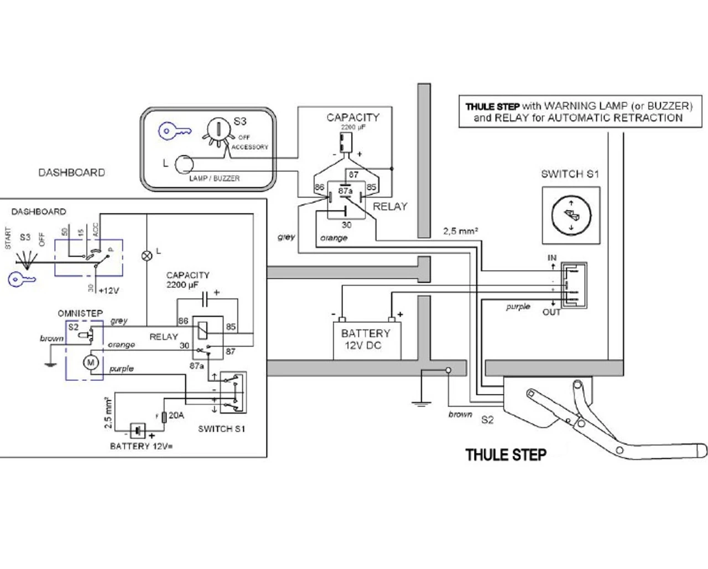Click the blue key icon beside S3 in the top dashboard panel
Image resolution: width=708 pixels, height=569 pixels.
tap(175, 131)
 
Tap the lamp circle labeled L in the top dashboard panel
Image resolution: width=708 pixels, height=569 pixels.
tap(184, 164)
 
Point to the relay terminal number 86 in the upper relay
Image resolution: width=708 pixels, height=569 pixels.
tap(319, 188)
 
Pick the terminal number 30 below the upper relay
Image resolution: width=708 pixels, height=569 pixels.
tap(346, 225)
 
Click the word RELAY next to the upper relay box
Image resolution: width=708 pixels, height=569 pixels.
tap(390, 206)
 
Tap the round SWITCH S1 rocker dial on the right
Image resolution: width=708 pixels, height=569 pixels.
tap(571, 215)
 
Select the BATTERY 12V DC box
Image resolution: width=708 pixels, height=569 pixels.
tap(366, 339)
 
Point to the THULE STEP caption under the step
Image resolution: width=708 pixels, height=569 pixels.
tap(506, 455)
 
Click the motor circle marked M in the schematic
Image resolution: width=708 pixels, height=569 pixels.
tap(91, 363)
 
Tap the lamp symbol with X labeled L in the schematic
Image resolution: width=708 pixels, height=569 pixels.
tap(147, 255)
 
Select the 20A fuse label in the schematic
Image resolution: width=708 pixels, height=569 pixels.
tap(176, 415)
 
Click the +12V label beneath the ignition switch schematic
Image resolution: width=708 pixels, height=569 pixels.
tap(108, 290)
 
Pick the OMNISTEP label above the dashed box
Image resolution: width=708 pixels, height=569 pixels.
tap(80, 313)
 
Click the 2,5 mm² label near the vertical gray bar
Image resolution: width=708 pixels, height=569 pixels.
tap(460, 231)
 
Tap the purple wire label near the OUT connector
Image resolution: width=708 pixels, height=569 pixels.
tap(518, 307)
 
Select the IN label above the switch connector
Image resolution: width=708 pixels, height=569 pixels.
tap(552, 257)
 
